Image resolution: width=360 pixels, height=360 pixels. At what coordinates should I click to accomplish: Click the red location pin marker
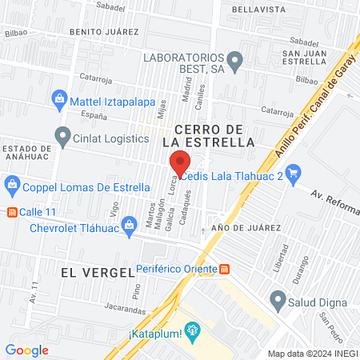[x=180, y=161]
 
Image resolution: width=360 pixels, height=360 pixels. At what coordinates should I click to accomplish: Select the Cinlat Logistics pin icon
[x=62, y=135]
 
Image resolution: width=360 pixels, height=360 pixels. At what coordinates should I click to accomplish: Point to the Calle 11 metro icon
[x=11, y=212]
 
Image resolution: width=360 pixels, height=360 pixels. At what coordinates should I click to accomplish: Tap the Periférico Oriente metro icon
[x=225, y=269]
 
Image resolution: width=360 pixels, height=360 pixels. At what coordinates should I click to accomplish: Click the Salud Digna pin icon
[x=278, y=300]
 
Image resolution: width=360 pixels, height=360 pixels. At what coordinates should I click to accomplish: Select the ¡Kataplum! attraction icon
[x=191, y=330]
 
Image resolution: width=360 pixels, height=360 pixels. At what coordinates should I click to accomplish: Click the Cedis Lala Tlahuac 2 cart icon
[x=293, y=170]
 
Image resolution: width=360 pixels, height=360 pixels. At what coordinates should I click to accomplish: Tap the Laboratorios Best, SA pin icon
[x=234, y=59]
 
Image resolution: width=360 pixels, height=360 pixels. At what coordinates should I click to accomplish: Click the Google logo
[x=26, y=350]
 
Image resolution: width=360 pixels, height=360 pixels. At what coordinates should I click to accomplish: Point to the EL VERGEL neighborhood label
[x=96, y=272]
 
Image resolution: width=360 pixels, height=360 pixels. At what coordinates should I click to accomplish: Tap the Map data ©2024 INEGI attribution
[x=312, y=353]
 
